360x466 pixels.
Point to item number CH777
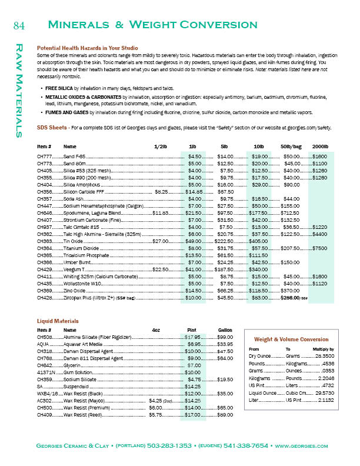[x=45, y=156]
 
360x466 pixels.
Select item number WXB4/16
[x=46, y=393]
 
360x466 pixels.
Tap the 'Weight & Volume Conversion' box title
[x=291, y=339]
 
